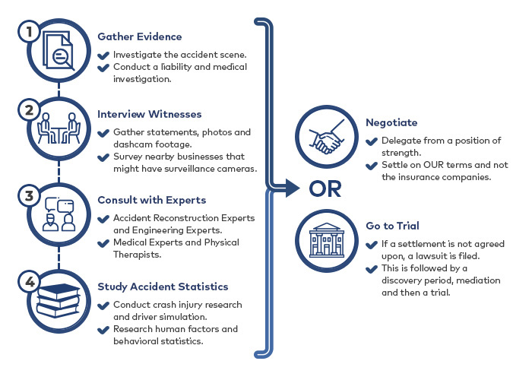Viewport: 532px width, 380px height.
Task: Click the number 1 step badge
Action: pos(29,31)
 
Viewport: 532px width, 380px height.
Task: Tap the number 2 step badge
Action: pos(29,109)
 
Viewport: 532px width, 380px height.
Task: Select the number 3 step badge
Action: pos(29,195)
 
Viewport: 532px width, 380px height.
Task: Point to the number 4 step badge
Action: pos(30,282)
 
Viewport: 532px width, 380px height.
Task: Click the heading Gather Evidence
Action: pos(139,36)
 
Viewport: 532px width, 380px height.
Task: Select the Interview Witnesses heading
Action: pos(149,114)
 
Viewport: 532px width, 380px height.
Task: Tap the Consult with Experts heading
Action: pos(152,200)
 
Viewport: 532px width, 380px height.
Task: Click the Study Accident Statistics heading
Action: pos(163,287)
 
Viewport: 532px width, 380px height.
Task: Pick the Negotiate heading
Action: pos(391,122)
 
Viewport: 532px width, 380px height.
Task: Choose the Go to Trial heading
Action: pos(393,226)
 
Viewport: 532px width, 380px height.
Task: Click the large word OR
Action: pos(325,189)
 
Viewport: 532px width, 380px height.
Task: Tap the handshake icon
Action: pos(326,137)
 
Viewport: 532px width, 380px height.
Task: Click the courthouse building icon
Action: pos(326,240)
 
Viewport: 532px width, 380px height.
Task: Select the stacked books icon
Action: pos(59,301)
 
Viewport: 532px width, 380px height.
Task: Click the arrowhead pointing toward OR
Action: pos(292,188)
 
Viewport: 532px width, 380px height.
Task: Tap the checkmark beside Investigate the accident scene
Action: pos(103,55)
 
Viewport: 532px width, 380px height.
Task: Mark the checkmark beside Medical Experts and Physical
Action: pos(103,243)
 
